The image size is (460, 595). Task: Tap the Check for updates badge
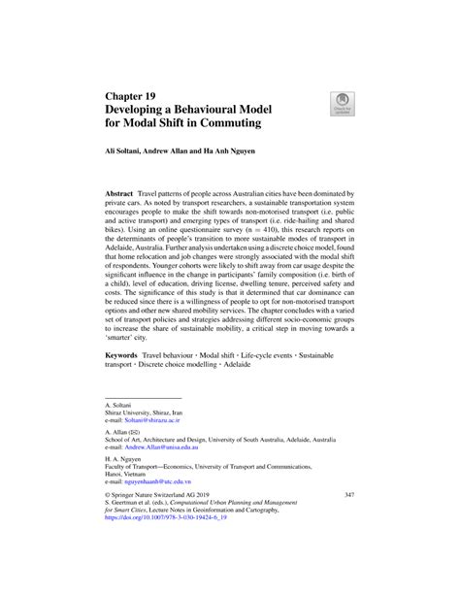(342, 104)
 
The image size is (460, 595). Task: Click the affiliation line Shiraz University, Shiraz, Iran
(148, 412)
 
